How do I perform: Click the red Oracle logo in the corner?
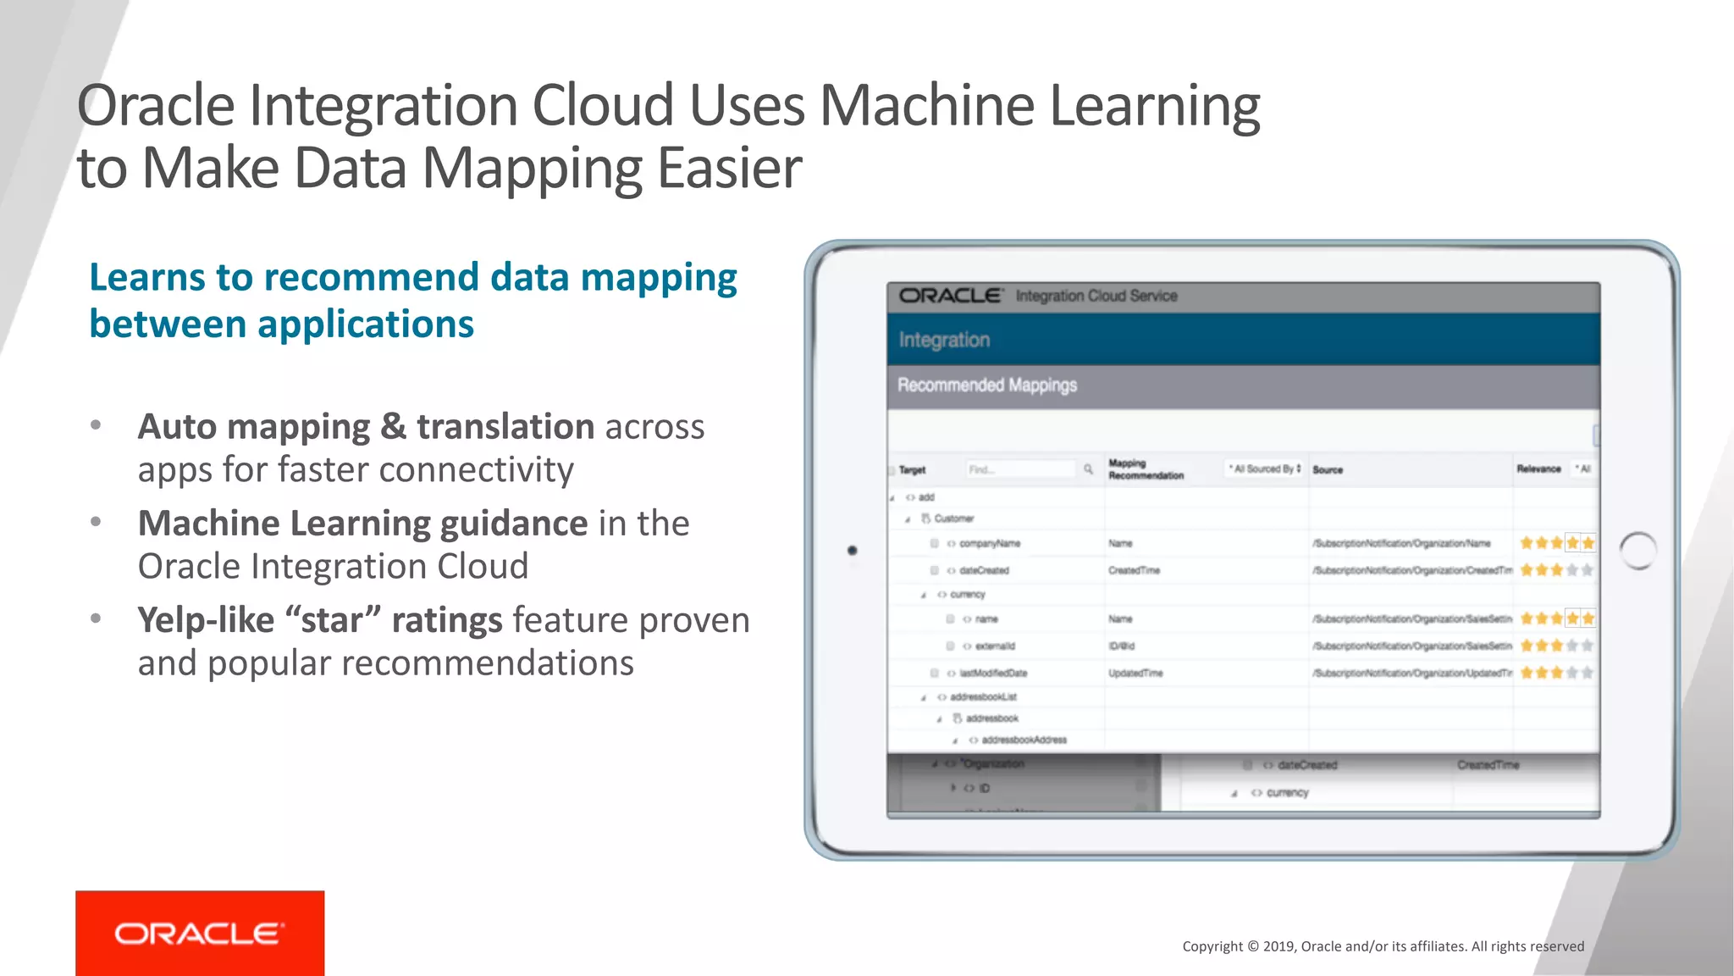pos(200,933)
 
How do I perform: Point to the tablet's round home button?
pos(1637,551)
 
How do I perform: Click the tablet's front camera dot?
pos(852,551)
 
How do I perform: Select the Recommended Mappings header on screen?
pos(986,385)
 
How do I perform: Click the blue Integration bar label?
pos(944,340)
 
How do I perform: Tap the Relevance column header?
pos(1538,469)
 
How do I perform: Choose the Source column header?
pos(1328,469)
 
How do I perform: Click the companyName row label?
pos(989,544)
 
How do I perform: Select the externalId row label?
pos(994,646)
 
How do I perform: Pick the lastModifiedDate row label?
pos(992,674)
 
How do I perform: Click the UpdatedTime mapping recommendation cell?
pos(1135,674)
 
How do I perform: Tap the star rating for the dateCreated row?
pos(1556,570)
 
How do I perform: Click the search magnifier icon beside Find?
pos(1088,469)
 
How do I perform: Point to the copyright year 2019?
pos(1278,946)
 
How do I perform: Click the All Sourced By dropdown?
pos(1265,469)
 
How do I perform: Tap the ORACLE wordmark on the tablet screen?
pos(950,296)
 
